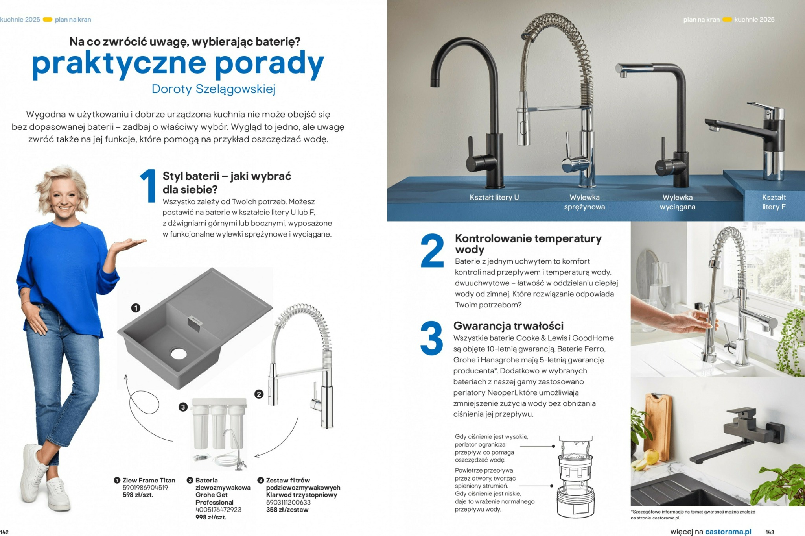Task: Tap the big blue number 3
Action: click(431, 338)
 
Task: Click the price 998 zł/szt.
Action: click(211, 517)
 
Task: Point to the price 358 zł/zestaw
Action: click(287, 510)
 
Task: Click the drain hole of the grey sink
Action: click(179, 353)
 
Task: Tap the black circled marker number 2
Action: click(258, 394)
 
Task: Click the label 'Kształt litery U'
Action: click(494, 198)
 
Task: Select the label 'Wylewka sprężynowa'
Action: click(584, 202)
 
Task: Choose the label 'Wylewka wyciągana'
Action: click(677, 202)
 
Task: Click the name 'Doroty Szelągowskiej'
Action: click(214, 89)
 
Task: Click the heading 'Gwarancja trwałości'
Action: click(508, 326)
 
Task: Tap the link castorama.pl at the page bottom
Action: click(728, 532)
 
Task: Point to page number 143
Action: click(770, 532)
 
